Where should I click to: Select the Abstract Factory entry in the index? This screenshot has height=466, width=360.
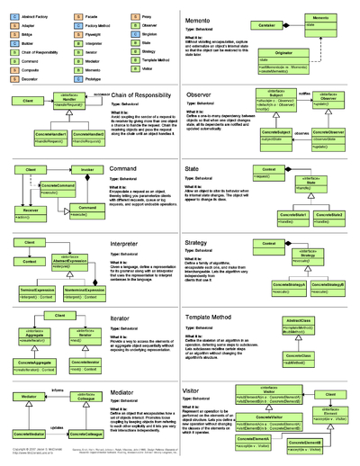(x=37, y=16)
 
